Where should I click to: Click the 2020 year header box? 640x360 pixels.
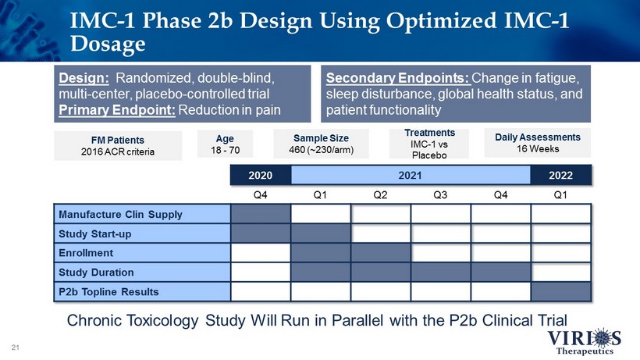[261, 175]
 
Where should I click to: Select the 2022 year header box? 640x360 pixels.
[561, 175]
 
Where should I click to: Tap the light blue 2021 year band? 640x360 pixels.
[411, 175]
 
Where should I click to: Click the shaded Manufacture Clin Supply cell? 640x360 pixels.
[261, 214]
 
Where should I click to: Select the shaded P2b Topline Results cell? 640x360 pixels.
[561, 291]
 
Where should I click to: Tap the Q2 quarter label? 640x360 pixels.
[380, 194]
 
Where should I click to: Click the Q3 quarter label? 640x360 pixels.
[440, 194]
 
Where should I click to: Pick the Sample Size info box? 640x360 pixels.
[322, 144]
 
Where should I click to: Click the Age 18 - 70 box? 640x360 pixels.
[225, 144]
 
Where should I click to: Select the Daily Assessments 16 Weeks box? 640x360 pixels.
[538, 143]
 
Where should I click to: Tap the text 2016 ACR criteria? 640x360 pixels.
[118, 151]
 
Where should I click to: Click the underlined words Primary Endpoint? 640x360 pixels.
[117, 110]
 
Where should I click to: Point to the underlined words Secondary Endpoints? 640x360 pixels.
[398, 77]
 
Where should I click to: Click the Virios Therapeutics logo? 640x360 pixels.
[585, 341]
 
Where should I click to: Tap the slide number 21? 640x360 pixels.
[15, 348]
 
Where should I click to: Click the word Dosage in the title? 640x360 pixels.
[108, 44]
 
